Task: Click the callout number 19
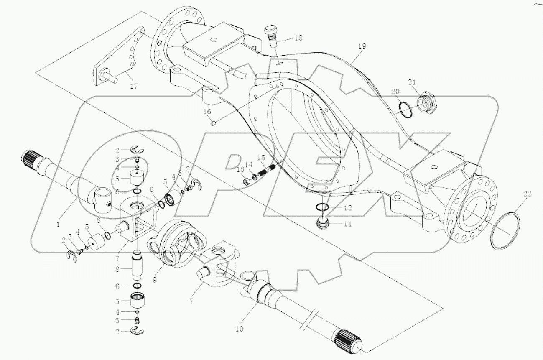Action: (x=362, y=46)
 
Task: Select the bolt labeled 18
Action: (x=273, y=36)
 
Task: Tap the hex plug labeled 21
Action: (x=427, y=102)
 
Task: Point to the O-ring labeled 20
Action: (x=403, y=111)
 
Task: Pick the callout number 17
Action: (x=133, y=86)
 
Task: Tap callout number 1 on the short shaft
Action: (x=58, y=224)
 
